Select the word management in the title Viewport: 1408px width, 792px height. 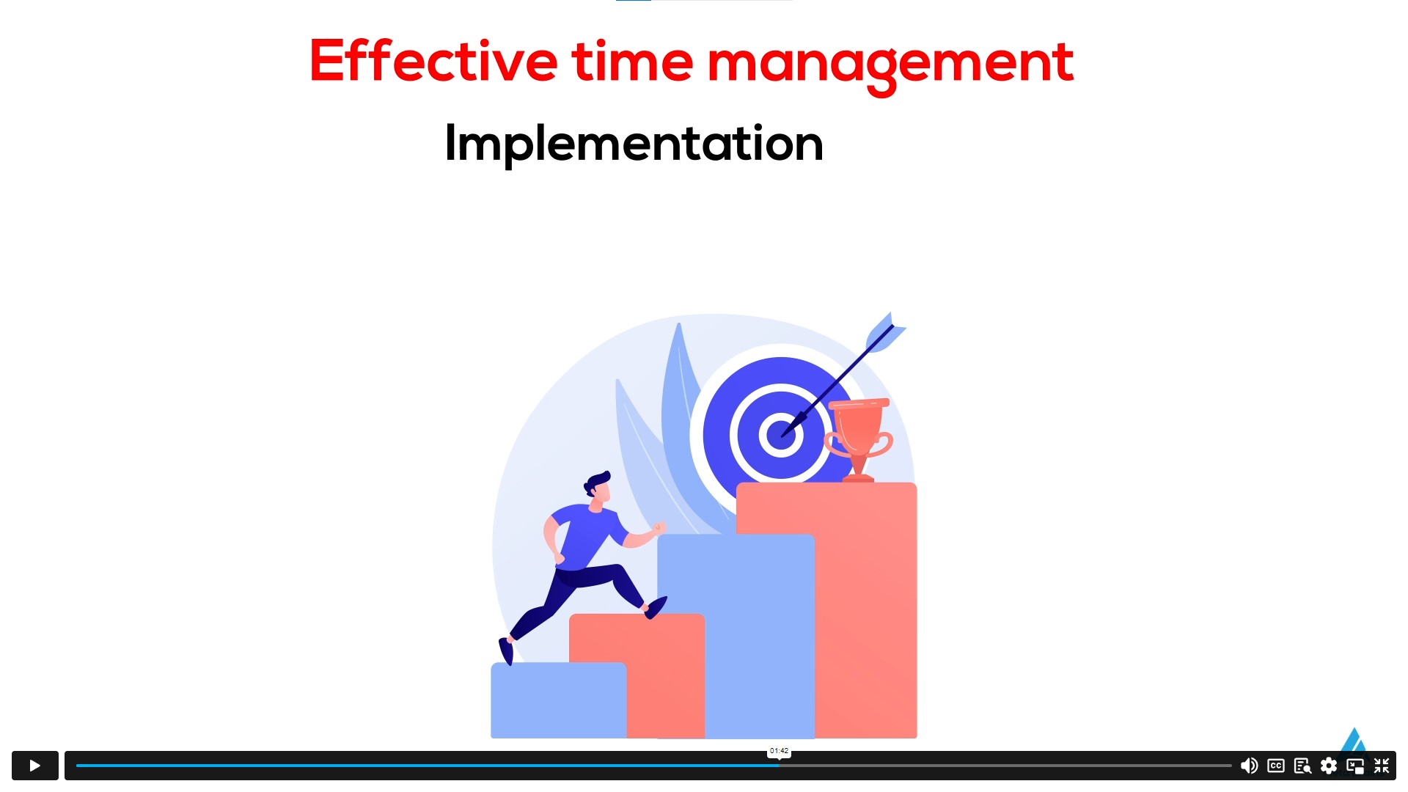coord(890,65)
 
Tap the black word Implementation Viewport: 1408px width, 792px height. coord(634,144)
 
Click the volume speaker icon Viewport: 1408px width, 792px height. coord(1249,766)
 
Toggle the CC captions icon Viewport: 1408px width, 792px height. coord(1276,766)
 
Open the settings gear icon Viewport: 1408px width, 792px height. coord(1329,766)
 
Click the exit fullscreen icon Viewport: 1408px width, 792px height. coord(1382,766)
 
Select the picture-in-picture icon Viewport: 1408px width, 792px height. coord(1355,766)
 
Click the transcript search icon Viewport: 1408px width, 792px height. coord(1302,766)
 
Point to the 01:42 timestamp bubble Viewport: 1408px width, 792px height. coord(779,751)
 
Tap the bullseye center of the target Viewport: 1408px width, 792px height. coord(780,434)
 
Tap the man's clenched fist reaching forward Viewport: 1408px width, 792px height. coord(659,527)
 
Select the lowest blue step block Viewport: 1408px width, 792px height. coord(558,700)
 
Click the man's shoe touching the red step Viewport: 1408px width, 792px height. coord(656,607)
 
